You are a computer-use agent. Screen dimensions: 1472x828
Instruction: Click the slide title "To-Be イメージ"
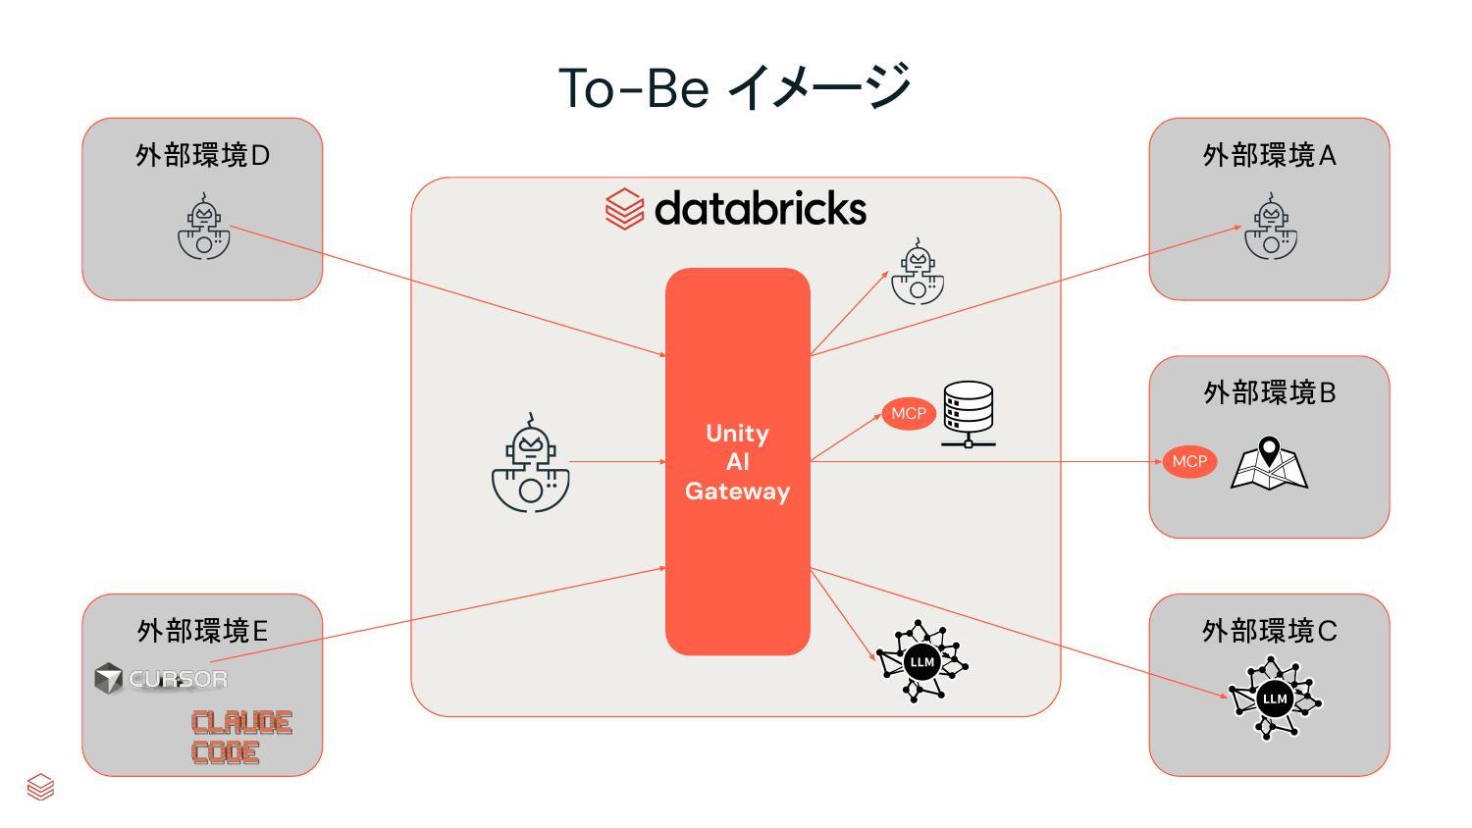(735, 87)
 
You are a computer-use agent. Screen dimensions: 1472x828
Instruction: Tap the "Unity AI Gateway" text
(737, 462)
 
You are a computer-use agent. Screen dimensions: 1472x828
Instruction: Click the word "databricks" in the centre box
(761, 208)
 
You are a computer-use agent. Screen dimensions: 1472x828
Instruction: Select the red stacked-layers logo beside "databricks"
(623, 209)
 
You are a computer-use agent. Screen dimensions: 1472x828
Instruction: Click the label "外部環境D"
(202, 156)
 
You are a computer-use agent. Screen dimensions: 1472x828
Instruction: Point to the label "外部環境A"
(1269, 156)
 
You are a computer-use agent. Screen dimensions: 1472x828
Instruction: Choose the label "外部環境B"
(1269, 393)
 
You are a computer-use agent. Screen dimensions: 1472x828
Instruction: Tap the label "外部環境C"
(1269, 631)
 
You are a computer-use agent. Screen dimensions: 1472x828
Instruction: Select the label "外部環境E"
(202, 631)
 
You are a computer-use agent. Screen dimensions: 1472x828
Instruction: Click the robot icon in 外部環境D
(204, 226)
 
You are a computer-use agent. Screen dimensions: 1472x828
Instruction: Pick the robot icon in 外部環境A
(1270, 226)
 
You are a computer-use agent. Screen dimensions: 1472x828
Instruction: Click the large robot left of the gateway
(530, 463)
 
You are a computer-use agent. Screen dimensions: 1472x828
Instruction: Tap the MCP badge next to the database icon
(908, 413)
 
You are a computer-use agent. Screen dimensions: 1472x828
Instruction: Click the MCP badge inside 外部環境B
(1189, 461)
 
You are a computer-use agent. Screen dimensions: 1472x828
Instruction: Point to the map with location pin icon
(1269, 463)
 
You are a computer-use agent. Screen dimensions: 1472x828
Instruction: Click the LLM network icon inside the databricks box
(921, 660)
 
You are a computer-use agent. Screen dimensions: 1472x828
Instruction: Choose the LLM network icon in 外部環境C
(1275, 699)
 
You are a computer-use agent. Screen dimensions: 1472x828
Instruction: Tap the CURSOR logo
(161, 678)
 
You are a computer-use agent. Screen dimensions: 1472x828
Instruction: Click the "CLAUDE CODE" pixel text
(241, 738)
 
